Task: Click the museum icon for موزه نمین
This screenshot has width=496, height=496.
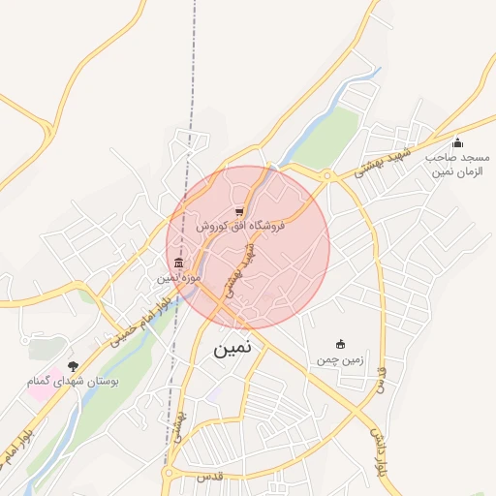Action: coord(178,263)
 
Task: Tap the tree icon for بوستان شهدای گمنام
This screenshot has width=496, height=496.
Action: coord(73,367)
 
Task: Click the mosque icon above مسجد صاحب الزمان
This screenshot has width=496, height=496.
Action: coord(457,143)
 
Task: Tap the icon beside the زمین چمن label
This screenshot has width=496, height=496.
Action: coord(339,344)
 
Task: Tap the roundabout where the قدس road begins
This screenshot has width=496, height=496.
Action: coord(170,475)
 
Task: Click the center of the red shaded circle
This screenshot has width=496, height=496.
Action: coord(248,247)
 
